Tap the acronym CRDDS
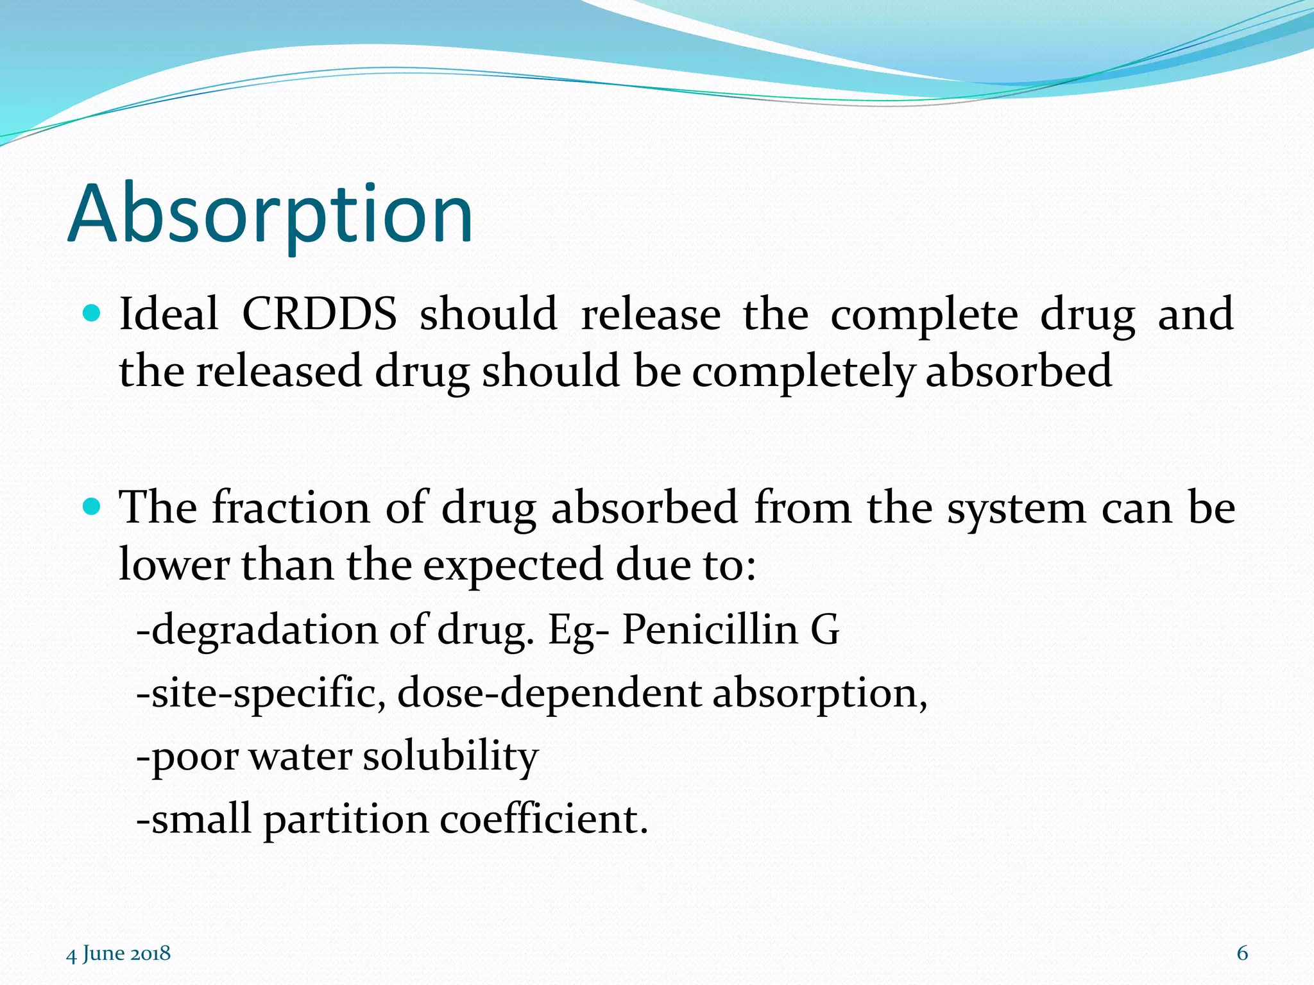tap(319, 314)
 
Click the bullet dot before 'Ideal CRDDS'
tap(92, 314)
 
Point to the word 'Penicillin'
tap(710, 628)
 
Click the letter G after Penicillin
tap(825, 630)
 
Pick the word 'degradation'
tap(264, 630)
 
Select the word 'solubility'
tap(450, 756)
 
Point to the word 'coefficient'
tap(543, 820)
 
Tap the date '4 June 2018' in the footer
tap(119, 953)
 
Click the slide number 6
tap(1242, 953)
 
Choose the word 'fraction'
tap(291, 508)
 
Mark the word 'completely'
tap(803, 372)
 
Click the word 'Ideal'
tap(169, 314)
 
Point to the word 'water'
tap(300, 757)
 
